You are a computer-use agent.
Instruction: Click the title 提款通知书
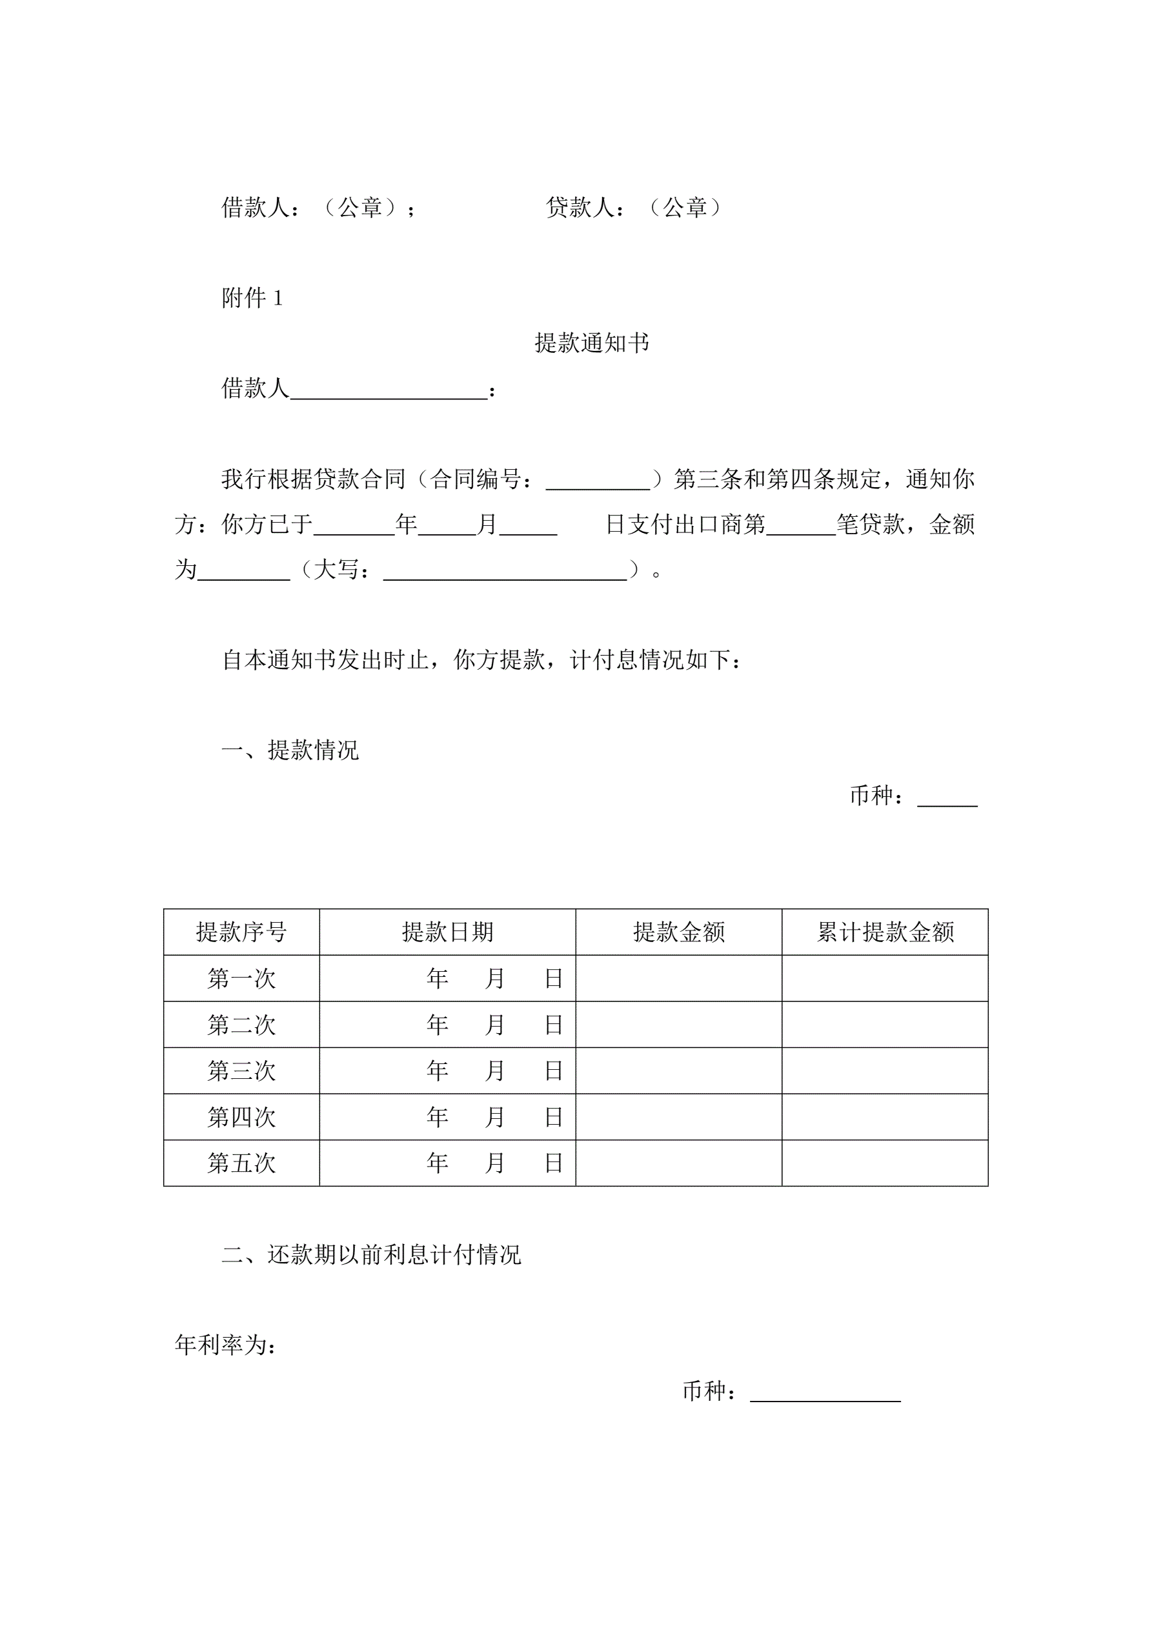point(592,343)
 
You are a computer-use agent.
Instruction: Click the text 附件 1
point(252,298)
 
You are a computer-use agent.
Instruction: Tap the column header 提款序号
point(241,932)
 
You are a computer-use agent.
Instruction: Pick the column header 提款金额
point(678,932)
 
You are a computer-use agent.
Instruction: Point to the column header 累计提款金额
point(885,932)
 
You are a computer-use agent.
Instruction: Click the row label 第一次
point(241,978)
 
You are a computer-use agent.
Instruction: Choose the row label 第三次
point(241,1070)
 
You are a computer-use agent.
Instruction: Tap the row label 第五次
point(241,1163)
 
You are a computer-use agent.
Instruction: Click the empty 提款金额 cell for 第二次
point(678,1025)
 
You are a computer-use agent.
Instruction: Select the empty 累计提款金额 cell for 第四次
point(885,1117)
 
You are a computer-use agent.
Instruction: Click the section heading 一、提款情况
point(290,750)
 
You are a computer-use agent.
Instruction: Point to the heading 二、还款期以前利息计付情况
point(371,1254)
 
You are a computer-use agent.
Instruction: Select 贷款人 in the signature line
point(580,207)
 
